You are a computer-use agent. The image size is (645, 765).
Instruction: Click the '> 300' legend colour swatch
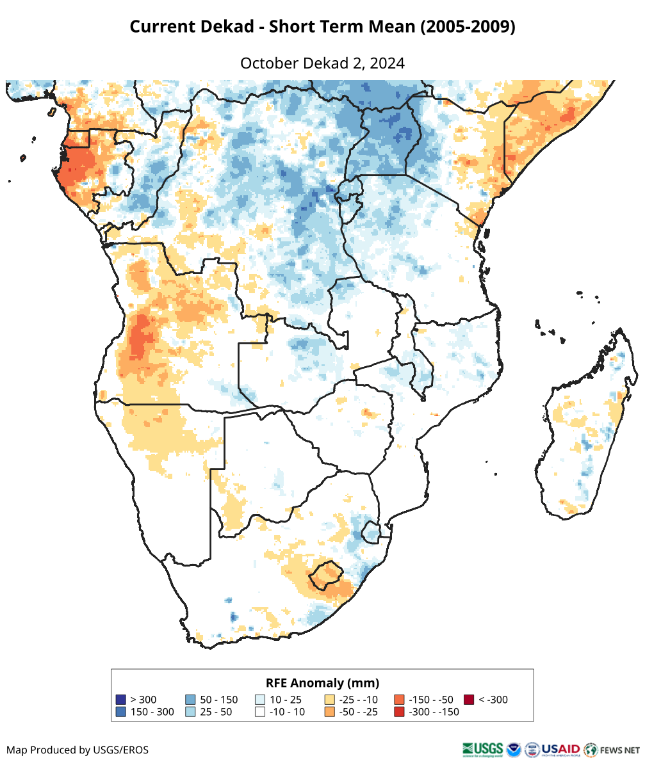coord(120,700)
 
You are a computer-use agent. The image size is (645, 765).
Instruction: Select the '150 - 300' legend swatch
coord(120,712)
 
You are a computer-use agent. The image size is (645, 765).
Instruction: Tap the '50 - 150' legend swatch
coord(190,700)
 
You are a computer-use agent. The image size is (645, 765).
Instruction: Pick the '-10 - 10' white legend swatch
coord(260,712)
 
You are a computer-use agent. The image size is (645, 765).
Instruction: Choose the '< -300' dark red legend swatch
coord(469,700)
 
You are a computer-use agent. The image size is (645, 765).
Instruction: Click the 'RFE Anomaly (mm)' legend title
coord(322,682)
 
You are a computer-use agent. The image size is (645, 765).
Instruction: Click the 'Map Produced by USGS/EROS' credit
coord(78,750)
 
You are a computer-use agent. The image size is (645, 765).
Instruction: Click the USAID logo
coord(560,749)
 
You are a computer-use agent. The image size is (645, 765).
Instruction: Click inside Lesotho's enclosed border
coord(325,574)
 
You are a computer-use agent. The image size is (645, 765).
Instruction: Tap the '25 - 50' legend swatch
coord(190,712)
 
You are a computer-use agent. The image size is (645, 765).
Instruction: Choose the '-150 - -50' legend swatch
coord(399,700)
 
